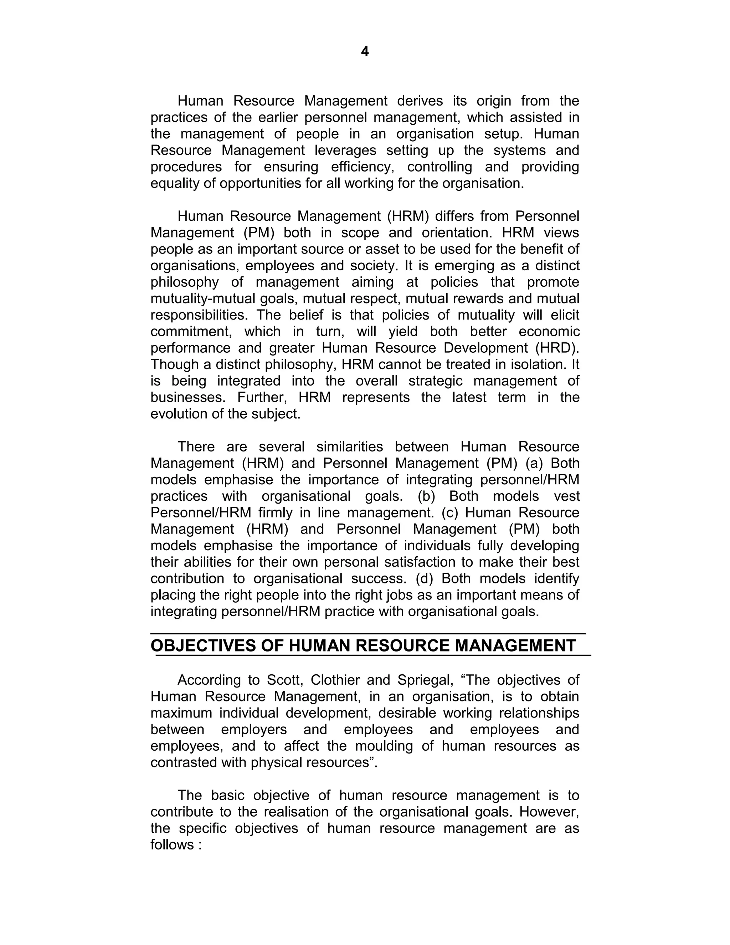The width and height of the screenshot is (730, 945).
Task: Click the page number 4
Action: [x=365, y=51]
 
